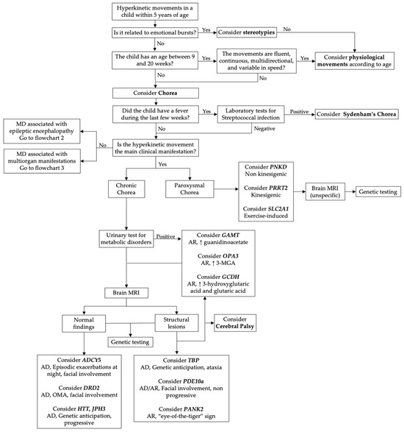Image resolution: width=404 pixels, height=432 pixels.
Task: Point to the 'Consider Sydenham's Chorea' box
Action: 358,115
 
